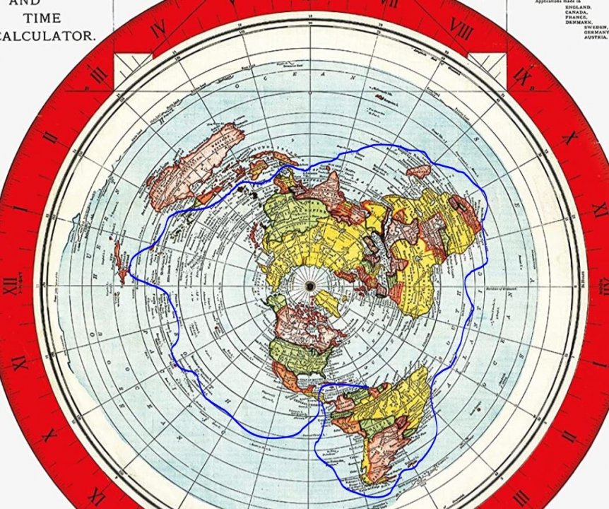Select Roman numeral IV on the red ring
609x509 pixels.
click(158, 30)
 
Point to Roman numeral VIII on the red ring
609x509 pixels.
click(461, 29)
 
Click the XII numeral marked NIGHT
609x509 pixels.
click(11, 286)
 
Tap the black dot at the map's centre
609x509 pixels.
click(309, 285)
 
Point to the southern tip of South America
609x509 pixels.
click(368, 483)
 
